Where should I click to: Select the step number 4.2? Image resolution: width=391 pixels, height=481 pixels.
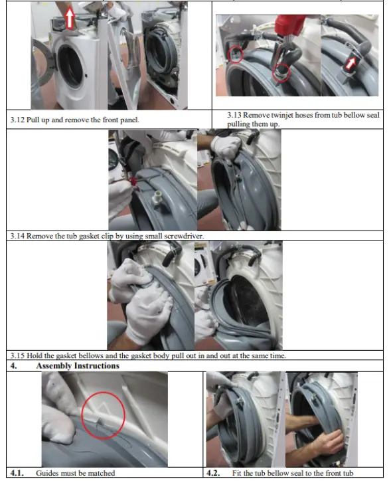213,473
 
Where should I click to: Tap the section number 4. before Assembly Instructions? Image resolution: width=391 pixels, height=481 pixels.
13,366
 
